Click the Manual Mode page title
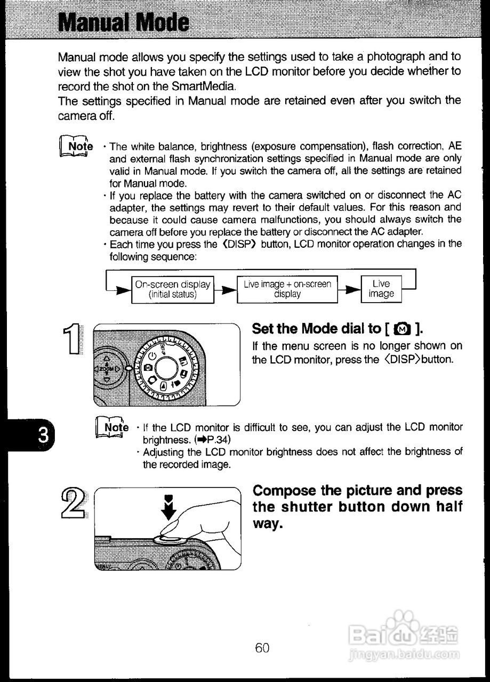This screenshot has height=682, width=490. click(x=123, y=22)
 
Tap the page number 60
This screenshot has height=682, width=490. click(x=262, y=647)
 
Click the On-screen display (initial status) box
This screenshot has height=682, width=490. click(x=172, y=289)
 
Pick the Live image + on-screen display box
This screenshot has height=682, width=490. click(x=287, y=289)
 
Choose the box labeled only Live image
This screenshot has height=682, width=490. click(x=381, y=289)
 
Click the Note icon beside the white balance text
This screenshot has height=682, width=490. click(x=75, y=147)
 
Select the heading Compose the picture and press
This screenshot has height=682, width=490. click(x=357, y=490)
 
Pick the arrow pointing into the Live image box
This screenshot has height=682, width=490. click(x=351, y=290)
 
